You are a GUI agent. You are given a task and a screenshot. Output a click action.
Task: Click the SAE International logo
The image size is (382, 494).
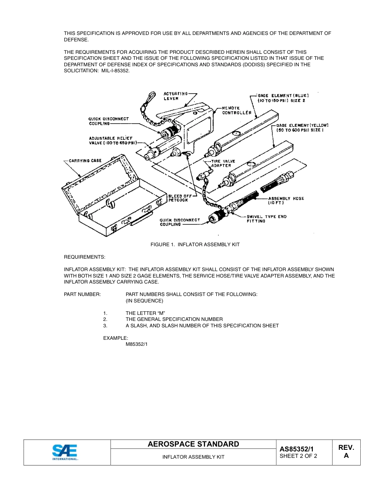click(x=64, y=452)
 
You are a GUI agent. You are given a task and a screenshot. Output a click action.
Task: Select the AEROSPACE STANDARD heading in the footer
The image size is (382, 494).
click(x=193, y=444)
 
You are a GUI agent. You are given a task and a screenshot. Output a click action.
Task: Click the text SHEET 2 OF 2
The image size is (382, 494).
click(x=298, y=456)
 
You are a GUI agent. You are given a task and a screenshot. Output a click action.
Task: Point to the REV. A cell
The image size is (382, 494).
click(x=346, y=452)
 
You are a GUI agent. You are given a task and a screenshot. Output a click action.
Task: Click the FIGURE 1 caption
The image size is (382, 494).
click(x=195, y=245)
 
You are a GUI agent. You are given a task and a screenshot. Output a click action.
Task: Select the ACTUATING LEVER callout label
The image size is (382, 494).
click(x=176, y=96)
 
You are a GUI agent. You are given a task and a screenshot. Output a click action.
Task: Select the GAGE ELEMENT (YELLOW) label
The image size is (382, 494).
click(x=302, y=128)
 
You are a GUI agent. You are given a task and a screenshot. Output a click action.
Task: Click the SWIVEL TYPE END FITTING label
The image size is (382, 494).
click(x=266, y=219)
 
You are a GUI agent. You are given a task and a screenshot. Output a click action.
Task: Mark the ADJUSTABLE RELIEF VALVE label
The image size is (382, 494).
click(x=113, y=140)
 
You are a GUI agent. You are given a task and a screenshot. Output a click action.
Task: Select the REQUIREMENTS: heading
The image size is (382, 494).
click(x=84, y=257)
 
